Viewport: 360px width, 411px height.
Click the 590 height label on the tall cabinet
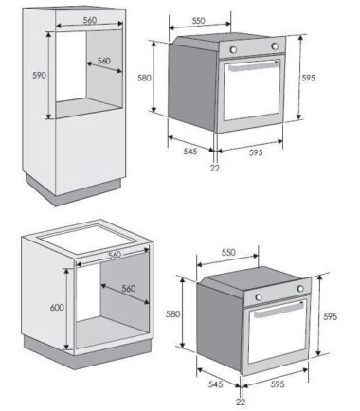[39, 76]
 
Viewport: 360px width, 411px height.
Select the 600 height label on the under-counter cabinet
[57, 307]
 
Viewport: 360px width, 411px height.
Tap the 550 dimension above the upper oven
[198, 21]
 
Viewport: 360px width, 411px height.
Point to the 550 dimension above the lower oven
[228, 253]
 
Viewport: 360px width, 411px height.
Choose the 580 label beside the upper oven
[144, 78]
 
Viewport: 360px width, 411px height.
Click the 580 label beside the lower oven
[172, 313]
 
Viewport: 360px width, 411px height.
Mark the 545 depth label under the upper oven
[190, 152]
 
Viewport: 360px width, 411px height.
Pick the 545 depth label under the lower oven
[216, 384]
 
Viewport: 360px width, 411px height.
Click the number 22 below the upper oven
[215, 168]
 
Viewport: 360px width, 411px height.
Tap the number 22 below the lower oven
[241, 402]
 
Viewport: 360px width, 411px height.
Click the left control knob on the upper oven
[233, 49]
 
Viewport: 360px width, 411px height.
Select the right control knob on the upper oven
[275, 46]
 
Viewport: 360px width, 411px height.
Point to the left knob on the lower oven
[259, 297]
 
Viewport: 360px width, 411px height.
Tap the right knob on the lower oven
[300, 288]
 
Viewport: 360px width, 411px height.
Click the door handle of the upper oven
[253, 66]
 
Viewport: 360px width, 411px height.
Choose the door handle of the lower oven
[279, 310]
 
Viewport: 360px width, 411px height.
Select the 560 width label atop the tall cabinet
[90, 20]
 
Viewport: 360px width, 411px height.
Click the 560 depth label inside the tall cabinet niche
[103, 61]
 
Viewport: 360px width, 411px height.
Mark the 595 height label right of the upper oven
[308, 78]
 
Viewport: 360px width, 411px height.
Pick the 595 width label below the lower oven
[278, 384]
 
